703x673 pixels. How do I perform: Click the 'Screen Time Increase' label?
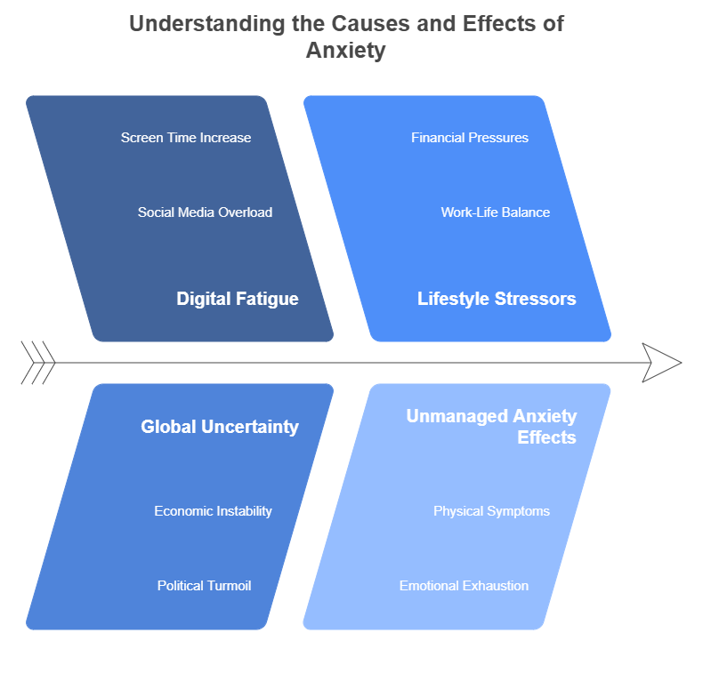pos(186,138)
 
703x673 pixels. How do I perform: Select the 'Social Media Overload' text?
pos(205,212)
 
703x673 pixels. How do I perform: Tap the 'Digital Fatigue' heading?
pos(238,299)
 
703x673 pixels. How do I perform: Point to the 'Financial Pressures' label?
pos(470,138)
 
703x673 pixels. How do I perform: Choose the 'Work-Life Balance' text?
pos(496,212)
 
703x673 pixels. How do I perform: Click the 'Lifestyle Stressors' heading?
pos(497,299)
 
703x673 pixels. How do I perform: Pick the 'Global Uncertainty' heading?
pos(220,427)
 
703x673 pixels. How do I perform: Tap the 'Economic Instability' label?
pos(213,511)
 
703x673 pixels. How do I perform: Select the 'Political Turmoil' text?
pos(205,586)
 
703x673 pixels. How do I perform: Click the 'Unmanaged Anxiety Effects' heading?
pos(492,427)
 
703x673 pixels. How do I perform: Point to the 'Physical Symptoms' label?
pos(491,511)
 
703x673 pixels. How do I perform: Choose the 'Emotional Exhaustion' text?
pos(464,586)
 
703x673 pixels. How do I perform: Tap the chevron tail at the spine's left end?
pos(37,363)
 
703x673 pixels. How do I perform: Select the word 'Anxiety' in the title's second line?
pos(346,51)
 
